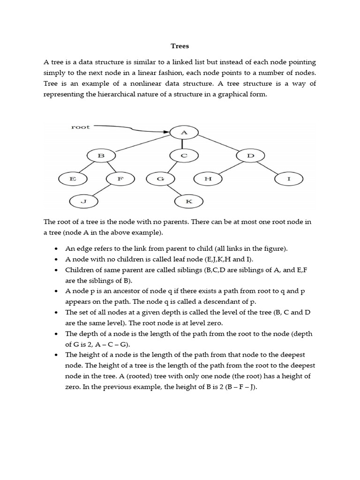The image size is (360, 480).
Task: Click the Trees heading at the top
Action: click(180, 46)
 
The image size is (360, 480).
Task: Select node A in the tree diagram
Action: click(184, 133)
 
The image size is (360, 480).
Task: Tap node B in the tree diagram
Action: click(100, 155)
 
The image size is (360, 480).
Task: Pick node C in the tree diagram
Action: click(184, 155)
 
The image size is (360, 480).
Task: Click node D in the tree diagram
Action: click(250, 155)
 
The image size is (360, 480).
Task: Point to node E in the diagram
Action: click(73, 179)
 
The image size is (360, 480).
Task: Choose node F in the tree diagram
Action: click(120, 179)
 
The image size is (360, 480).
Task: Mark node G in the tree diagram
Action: click(160, 179)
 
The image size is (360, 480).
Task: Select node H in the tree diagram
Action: click(208, 179)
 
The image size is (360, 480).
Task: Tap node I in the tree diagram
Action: click(289, 179)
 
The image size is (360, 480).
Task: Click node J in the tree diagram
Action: click(83, 202)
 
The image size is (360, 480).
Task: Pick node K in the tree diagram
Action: click(188, 202)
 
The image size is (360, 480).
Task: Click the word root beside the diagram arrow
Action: click(80, 127)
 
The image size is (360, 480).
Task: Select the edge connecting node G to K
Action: click(174, 190)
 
